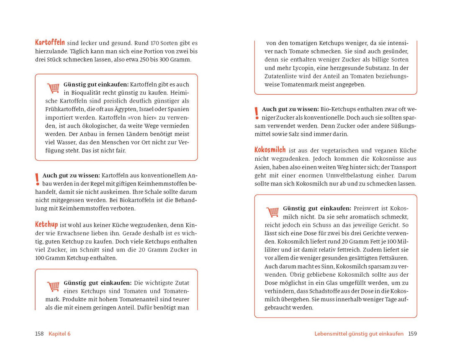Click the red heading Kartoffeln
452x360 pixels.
click(50, 42)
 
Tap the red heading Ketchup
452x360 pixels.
click(46, 225)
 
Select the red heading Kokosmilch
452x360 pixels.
click(270, 149)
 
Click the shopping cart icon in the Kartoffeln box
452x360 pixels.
click(53, 88)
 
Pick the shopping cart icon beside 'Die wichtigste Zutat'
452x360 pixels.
click(53, 286)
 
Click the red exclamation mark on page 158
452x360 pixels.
click(37, 180)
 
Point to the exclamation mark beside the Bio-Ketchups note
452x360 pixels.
click(257, 113)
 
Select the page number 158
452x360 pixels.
click(39, 334)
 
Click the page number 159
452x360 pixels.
click(413, 334)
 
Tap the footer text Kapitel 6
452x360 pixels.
click(59, 334)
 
